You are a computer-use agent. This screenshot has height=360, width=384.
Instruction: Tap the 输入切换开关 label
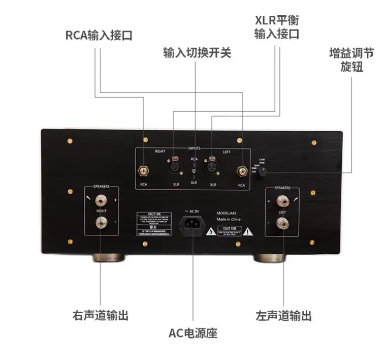(x=197, y=52)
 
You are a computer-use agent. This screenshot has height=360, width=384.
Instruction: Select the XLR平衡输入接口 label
(x=276, y=27)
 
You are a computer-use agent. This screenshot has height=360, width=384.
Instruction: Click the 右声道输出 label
(x=100, y=315)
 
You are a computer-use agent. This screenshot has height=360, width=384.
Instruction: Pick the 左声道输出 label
(x=283, y=315)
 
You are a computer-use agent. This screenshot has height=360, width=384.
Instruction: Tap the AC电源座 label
(x=193, y=334)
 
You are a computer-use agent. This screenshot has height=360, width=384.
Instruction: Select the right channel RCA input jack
(x=144, y=170)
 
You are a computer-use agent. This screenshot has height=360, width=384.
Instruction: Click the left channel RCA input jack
(x=242, y=170)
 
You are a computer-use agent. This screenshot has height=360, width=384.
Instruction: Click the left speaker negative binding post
(x=280, y=222)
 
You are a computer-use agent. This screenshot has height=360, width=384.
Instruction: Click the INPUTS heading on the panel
(x=194, y=148)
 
